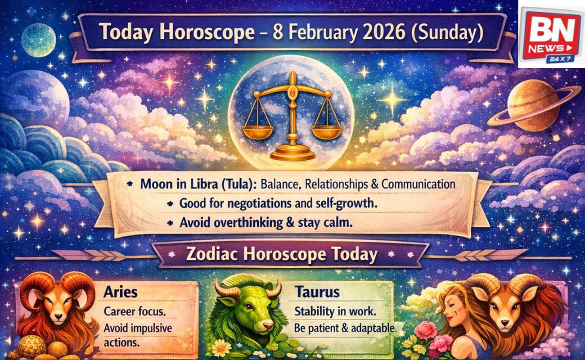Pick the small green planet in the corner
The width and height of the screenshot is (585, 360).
[x=38, y=40]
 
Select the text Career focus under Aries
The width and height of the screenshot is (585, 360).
[x=130, y=311]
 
